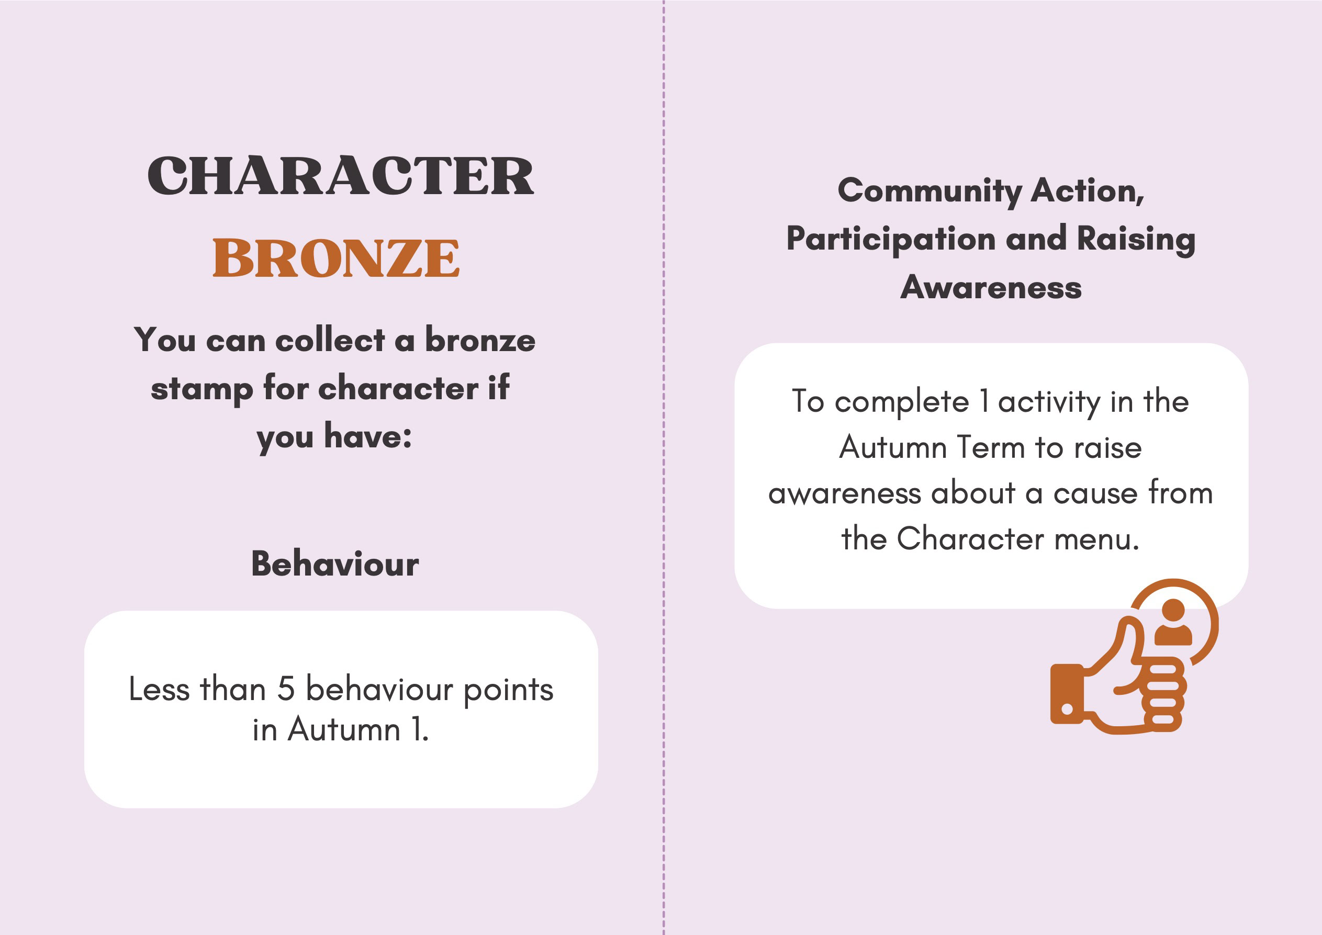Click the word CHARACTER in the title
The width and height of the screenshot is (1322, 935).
click(x=340, y=176)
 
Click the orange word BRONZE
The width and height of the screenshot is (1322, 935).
click(x=337, y=258)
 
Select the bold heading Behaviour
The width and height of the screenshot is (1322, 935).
click(x=335, y=564)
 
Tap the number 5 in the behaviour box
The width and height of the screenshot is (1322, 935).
click(x=286, y=689)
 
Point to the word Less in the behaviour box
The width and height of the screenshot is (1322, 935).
click(x=159, y=689)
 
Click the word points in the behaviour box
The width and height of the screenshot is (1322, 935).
click(x=508, y=691)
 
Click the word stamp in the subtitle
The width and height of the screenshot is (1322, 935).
click(x=201, y=390)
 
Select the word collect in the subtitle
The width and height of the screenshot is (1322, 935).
click(x=330, y=340)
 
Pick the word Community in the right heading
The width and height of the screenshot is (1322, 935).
click(x=929, y=191)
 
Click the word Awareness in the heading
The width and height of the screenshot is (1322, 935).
click(x=991, y=287)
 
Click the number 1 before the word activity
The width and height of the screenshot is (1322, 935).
click(x=984, y=401)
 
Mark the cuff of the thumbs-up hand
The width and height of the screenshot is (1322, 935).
click(x=1067, y=694)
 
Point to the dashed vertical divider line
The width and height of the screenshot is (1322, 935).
click(x=664, y=468)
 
